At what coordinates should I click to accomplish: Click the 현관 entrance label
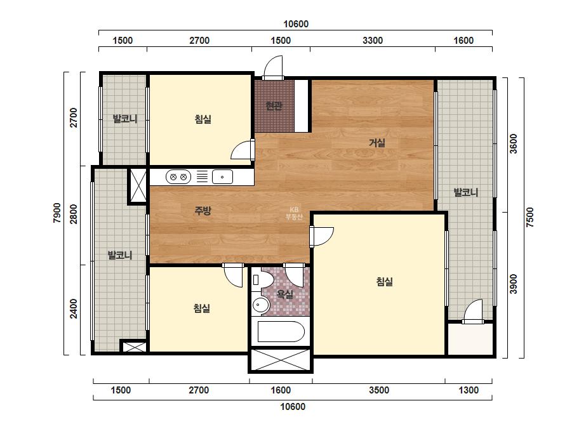(x=274, y=106)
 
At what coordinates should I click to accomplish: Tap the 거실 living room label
(x=376, y=142)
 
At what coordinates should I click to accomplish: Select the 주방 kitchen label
(x=203, y=211)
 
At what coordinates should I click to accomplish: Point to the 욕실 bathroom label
(x=284, y=294)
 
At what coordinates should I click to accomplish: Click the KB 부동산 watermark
(x=294, y=213)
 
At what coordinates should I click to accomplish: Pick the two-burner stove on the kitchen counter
(x=178, y=177)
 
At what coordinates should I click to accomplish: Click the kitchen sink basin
(x=222, y=177)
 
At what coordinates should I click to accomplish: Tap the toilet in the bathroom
(x=263, y=279)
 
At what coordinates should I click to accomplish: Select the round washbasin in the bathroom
(x=260, y=305)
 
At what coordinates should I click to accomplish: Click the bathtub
(x=281, y=331)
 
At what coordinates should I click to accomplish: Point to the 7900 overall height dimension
(x=57, y=213)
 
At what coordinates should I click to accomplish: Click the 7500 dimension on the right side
(x=530, y=218)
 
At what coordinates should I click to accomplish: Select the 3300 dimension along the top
(x=373, y=41)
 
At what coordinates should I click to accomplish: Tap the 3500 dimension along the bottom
(x=379, y=390)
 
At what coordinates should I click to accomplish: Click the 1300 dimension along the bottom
(x=469, y=390)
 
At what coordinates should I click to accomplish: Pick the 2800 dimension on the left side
(x=74, y=214)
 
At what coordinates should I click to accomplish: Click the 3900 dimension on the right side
(x=514, y=284)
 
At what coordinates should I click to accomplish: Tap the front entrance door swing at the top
(x=273, y=68)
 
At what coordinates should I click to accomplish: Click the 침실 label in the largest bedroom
(x=384, y=281)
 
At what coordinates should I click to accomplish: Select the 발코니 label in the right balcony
(x=465, y=192)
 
